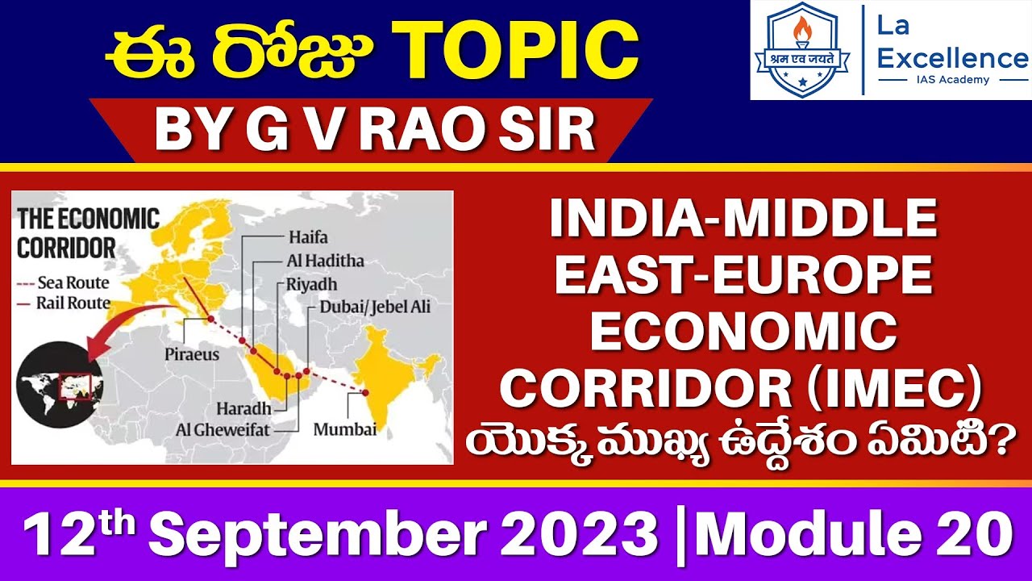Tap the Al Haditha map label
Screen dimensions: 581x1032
[325, 261]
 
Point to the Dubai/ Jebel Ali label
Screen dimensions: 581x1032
[375, 307]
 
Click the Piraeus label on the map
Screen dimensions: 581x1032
[192, 354]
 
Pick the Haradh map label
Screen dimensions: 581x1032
[237, 408]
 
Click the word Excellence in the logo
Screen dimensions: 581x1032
[952, 58]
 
